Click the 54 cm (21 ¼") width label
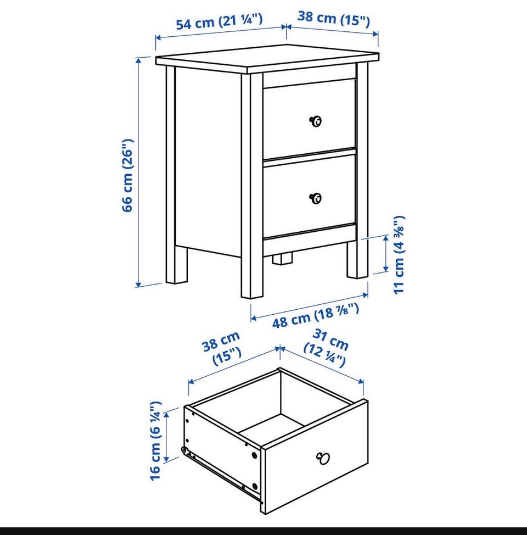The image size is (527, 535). (x=219, y=22)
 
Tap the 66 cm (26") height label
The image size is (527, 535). (x=127, y=175)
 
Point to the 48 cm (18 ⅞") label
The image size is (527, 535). (x=316, y=316)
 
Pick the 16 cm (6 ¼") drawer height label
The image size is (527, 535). (x=155, y=441)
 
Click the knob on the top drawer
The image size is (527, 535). (x=316, y=121)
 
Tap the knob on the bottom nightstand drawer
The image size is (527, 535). (x=316, y=198)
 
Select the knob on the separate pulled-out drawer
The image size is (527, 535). (x=323, y=458)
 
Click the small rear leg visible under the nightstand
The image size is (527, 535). (x=283, y=259)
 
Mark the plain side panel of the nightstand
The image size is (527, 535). (x=208, y=160)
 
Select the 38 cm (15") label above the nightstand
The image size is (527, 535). (x=333, y=18)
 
